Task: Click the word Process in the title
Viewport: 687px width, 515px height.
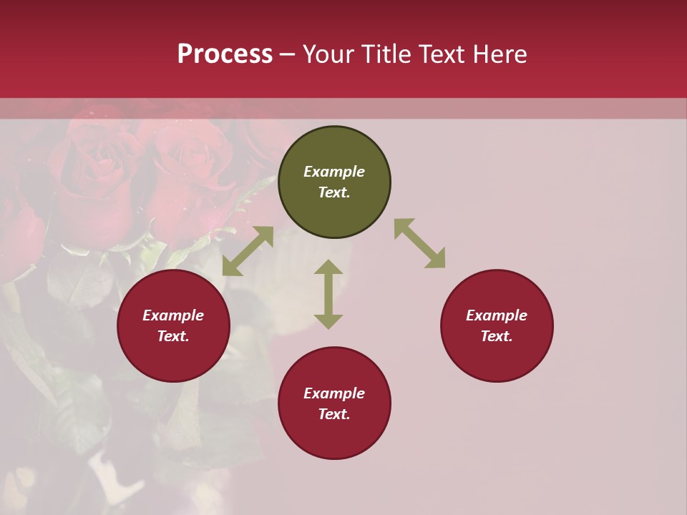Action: coord(225,54)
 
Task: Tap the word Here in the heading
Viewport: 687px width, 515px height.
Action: coord(500,54)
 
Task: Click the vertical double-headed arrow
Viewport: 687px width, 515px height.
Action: coord(328,294)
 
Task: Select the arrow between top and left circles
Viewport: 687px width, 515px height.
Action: coord(248,251)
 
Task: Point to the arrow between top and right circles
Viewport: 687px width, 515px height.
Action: coord(419,243)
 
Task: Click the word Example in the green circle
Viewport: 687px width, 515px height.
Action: coord(334,172)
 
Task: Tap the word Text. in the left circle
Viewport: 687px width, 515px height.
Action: coord(173,336)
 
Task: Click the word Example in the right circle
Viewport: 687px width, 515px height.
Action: coord(497,315)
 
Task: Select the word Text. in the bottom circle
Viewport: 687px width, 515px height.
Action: coord(334,414)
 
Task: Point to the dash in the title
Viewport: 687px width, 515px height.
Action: coord(288,55)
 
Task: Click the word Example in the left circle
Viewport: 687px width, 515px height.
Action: coord(173,315)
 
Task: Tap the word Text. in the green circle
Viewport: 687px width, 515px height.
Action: coord(334,192)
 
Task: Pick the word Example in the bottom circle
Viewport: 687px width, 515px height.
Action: coord(334,393)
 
